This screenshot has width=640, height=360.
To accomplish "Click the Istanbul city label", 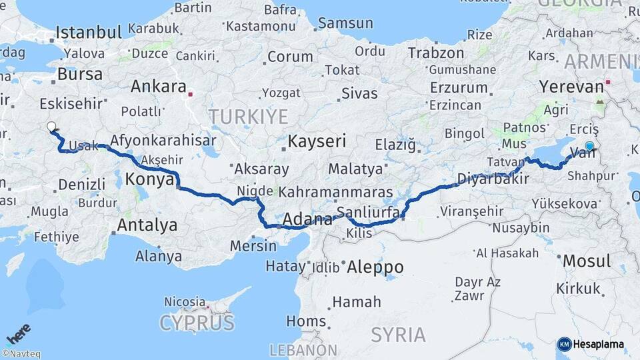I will pyautogui.click(x=89, y=32).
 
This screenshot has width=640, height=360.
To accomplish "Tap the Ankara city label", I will pyautogui.click(x=158, y=87).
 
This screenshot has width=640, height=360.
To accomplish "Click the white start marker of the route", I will pyautogui.click(x=51, y=127).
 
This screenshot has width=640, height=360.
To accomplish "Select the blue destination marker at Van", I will pyautogui.click(x=589, y=146).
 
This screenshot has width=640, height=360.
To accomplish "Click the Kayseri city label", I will pyautogui.click(x=317, y=141).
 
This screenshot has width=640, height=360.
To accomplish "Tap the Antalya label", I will pyautogui.click(x=147, y=225).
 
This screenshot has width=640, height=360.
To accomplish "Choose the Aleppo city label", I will pyautogui.click(x=375, y=267).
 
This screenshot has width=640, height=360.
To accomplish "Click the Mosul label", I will pyautogui.click(x=586, y=261).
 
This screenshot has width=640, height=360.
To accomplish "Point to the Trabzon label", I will pyautogui.click(x=435, y=53).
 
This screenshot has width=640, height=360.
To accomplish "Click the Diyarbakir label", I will pyautogui.click(x=493, y=179).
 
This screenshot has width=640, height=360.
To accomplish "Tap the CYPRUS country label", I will pyautogui.click(x=197, y=324).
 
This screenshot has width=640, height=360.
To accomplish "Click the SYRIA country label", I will pyautogui.click(x=398, y=334).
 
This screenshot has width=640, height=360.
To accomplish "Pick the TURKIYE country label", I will pyautogui.click(x=248, y=117).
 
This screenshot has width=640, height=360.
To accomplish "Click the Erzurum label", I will pyautogui.click(x=459, y=87).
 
